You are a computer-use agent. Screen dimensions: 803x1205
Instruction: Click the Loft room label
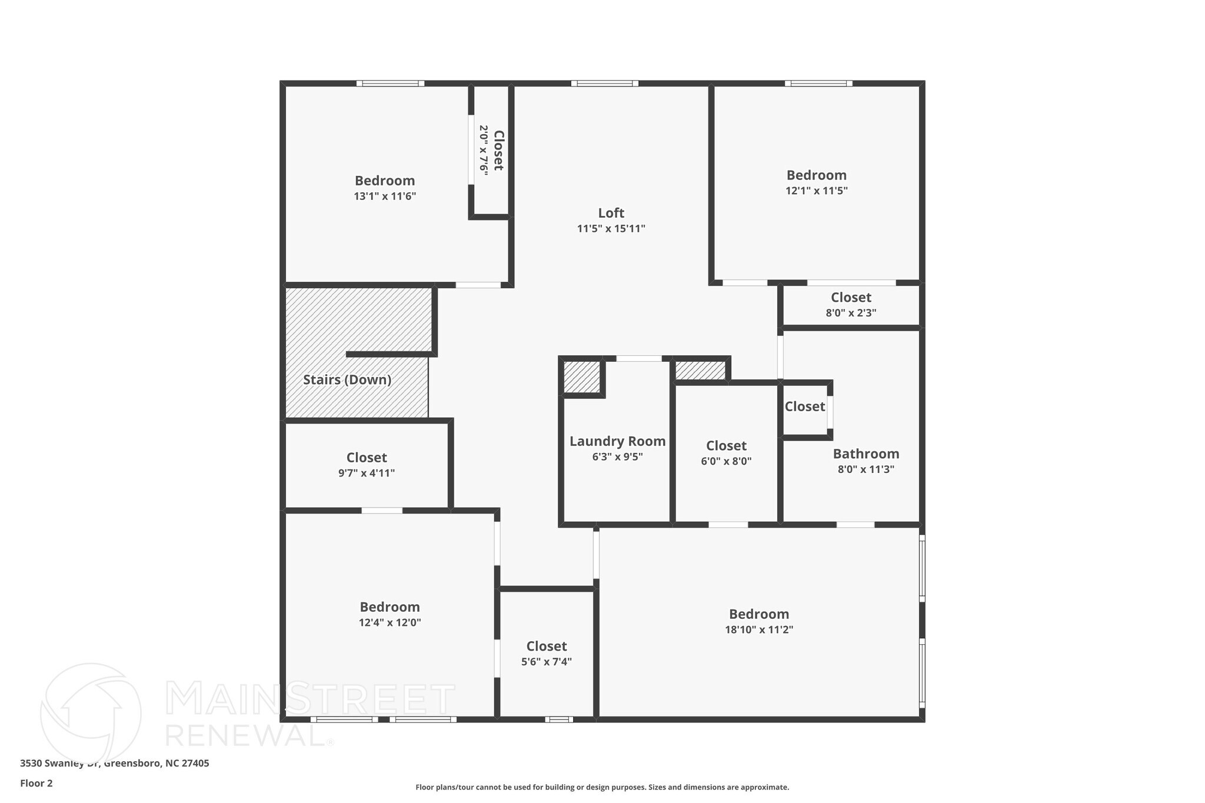click(x=611, y=213)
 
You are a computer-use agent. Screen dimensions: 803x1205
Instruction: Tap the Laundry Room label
click(x=617, y=441)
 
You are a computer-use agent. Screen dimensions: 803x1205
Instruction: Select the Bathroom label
click(x=866, y=454)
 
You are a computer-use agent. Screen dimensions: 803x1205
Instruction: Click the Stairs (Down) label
click(x=347, y=379)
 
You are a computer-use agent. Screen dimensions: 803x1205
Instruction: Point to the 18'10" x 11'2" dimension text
click(x=759, y=629)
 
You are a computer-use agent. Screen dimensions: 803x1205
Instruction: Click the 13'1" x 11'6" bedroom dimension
click(x=385, y=196)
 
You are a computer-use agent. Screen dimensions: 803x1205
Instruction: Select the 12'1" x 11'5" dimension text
click(x=816, y=191)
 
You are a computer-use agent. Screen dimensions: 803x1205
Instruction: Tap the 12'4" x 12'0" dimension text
click(x=390, y=622)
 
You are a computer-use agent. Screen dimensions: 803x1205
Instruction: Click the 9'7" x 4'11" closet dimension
click(x=366, y=473)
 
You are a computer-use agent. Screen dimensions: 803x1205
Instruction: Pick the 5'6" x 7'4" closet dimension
click(x=546, y=662)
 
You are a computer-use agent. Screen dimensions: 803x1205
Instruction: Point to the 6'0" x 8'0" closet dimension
click(x=726, y=461)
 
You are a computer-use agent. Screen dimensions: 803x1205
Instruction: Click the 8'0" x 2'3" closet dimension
click(x=851, y=313)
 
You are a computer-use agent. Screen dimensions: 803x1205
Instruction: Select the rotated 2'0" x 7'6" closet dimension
click(x=484, y=150)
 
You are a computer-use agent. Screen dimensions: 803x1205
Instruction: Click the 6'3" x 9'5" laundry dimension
click(x=617, y=457)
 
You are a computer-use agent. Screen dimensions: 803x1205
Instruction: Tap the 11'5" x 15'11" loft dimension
click(x=611, y=229)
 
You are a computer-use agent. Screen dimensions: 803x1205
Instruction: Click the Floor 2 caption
click(x=36, y=783)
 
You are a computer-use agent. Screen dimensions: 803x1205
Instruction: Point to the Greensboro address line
click(x=114, y=764)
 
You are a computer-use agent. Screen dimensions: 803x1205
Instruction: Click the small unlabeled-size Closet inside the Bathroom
click(x=804, y=407)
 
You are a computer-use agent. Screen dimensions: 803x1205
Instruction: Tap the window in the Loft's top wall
click(x=604, y=84)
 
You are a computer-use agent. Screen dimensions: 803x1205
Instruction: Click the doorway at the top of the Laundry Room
click(x=638, y=358)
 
